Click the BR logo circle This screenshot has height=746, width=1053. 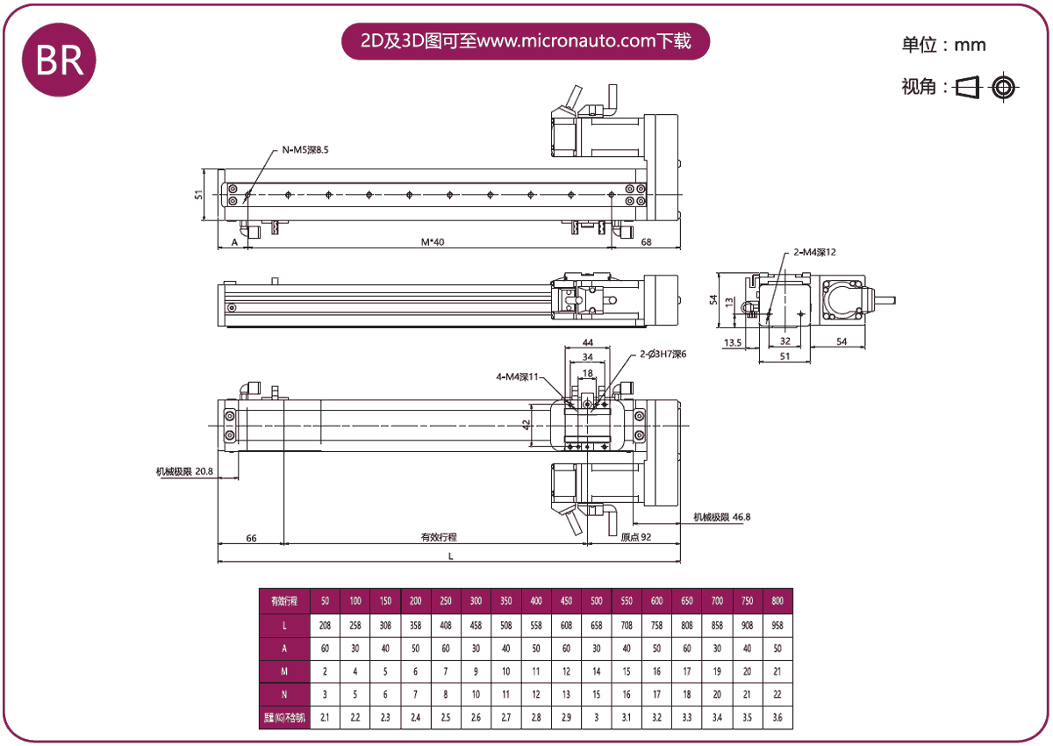(59, 59)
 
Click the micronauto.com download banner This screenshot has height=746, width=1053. (525, 41)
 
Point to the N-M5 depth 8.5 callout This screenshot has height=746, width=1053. (304, 151)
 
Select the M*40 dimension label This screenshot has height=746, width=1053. (433, 241)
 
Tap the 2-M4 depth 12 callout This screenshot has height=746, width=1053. (814, 253)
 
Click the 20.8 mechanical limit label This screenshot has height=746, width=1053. (185, 471)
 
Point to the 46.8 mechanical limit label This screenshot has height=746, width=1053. (721, 517)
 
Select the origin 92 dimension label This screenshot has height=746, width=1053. (635, 537)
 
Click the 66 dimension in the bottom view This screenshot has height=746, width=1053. (251, 537)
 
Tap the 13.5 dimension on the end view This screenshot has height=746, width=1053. (733, 342)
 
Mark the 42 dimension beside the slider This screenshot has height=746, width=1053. (526, 425)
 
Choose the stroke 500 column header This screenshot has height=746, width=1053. (596, 601)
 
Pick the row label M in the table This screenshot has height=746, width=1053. (285, 671)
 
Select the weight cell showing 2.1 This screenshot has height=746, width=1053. (325, 718)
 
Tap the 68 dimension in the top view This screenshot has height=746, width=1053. (646, 241)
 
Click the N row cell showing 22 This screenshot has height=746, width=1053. (777, 694)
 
